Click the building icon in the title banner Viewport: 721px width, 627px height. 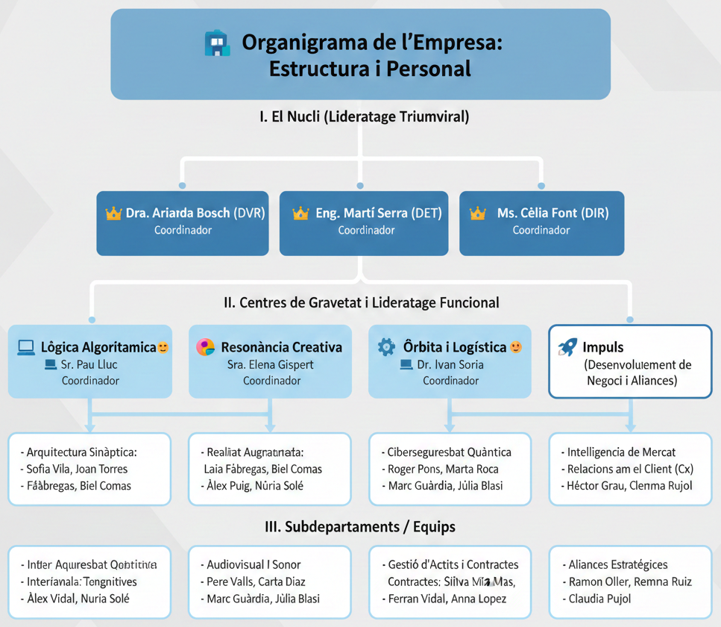point(217,43)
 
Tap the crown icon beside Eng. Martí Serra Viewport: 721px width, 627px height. point(300,213)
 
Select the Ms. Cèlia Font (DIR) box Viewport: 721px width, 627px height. point(541,222)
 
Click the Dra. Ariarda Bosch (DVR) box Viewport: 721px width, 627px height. point(183,222)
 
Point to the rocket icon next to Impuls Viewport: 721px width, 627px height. point(567,346)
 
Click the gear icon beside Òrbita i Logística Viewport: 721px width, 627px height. point(386,346)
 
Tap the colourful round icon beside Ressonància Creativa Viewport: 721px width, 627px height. point(205,346)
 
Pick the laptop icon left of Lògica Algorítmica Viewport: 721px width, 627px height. point(26,346)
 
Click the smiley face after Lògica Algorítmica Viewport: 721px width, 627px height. point(163,347)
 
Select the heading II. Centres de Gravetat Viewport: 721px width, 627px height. point(362,302)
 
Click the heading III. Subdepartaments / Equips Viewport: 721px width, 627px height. point(360,526)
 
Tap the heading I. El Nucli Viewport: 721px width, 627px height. point(364,116)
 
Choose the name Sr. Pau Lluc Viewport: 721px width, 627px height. point(89,364)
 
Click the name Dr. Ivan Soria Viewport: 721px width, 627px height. point(450,364)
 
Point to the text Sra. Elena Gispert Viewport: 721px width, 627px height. point(270,364)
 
